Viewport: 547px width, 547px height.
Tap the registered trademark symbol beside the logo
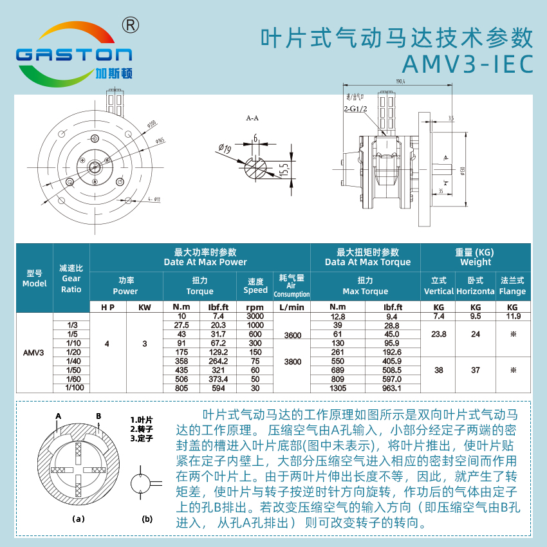131,24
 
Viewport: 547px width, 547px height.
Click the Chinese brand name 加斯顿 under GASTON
113,73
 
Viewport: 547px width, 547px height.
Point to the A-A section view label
252,119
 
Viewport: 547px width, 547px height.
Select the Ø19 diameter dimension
225,149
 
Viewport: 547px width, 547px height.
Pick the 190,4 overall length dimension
400,82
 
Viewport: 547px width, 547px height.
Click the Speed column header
255,286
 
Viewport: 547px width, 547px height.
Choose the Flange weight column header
512,286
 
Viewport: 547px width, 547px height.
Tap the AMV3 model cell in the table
33,353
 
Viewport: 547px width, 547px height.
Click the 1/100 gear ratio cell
71,388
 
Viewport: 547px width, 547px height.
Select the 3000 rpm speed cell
255,317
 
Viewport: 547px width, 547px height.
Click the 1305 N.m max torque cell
338,388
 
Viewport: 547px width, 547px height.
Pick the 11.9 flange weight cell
512,317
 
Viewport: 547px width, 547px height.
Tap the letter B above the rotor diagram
98,416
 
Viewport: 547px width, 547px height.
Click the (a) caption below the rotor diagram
79,518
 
